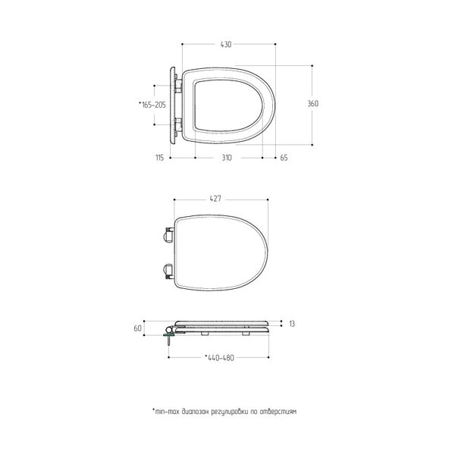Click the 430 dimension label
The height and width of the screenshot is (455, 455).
tap(226, 45)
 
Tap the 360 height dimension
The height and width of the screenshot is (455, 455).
tap(312, 104)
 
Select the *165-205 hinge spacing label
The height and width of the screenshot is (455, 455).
tap(152, 105)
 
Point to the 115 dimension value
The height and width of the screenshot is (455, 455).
tap(159, 158)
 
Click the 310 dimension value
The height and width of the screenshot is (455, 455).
tap(227, 158)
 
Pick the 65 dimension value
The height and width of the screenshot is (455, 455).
tap(284, 158)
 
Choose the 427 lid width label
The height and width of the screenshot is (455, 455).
tap(215, 199)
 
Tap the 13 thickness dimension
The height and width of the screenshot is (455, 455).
tap(292, 324)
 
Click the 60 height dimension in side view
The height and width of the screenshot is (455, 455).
tap(137, 328)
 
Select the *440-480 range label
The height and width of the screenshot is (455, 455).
tap(219, 358)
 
